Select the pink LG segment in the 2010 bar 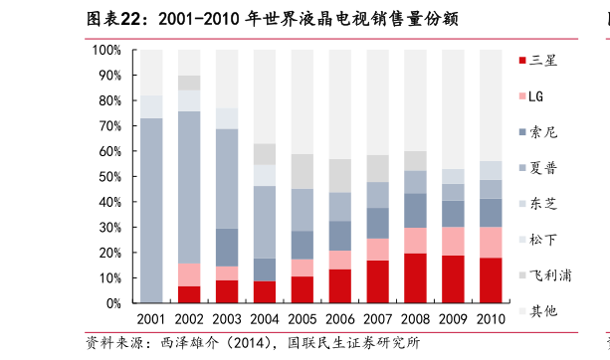tap(491, 242)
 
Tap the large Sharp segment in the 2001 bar tap(151, 210)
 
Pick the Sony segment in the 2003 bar tap(227, 247)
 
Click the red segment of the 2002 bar tap(189, 294)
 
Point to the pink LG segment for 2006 tap(340, 260)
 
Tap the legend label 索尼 tap(542, 132)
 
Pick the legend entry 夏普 tap(542, 168)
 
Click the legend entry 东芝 tap(542, 204)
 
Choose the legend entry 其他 tap(542, 311)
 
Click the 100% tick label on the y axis tap(106, 50)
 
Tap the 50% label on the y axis tap(109, 177)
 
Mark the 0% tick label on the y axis tap(113, 303)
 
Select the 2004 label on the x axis tap(265, 319)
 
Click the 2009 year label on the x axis tap(454, 319)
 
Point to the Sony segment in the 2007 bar tap(378, 223)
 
